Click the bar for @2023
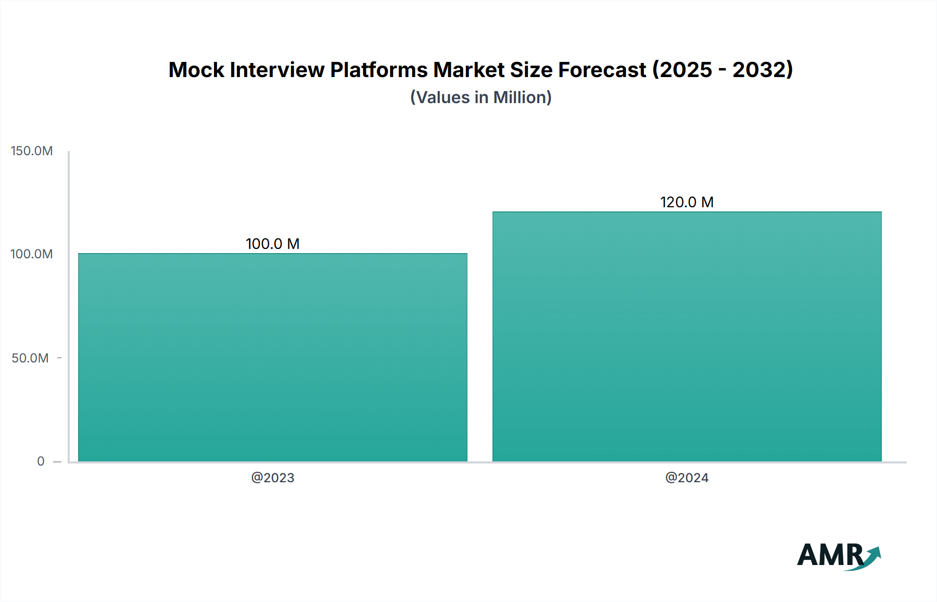pyautogui.click(x=273, y=357)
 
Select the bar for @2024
pyautogui.click(x=687, y=336)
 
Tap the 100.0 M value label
pyautogui.click(x=272, y=244)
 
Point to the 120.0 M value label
pyautogui.click(x=687, y=202)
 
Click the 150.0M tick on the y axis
pyautogui.click(x=32, y=151)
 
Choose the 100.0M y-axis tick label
pyautogui.click(x=32, y=254)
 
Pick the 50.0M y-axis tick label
pyautogui.click(x=30, y=358)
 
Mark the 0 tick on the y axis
pyautogui.click(x=41, y=461)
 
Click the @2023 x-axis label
pyautogui.click(x=273, y=478)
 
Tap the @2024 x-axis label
pyautogui.click(x=687, y=478)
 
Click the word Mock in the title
pyautogui.click(x=196, y=70)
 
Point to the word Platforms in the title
pyautogui.click(x=378, y=70)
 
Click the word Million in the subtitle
pyautogui.click(x=522, y=97)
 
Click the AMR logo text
pyautogui.click(x=830, y=555)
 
